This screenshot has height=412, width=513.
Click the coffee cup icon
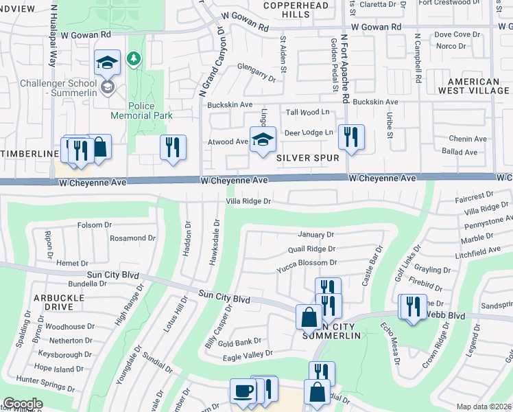click(x=243, y=391)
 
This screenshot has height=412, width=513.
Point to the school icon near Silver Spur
click(x=262, y=140)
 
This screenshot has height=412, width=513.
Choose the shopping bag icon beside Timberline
click(x=99, y=147)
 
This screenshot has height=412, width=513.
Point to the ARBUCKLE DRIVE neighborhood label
click(x=58, y=302)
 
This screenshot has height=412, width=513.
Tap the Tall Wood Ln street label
click(x=308, y=112)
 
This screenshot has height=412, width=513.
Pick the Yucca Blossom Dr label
click(x=307, y=262)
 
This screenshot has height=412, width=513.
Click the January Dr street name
click(x=315, y=234)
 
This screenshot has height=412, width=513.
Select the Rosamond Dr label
click(x=128, y=238)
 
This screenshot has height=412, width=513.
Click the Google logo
click(x=23, y=404)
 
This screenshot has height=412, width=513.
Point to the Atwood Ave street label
click(x=228, y=142)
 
